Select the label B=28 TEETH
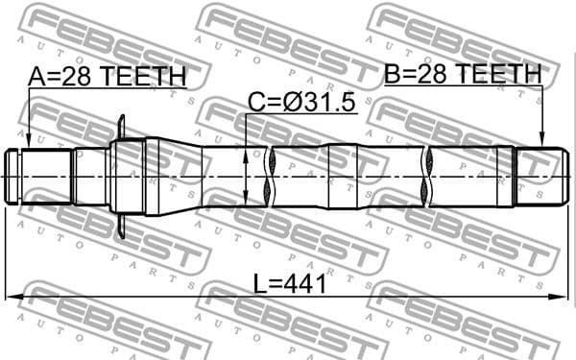[x=464, y=74]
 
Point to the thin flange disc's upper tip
[x=122, y=120]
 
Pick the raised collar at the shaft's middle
[x=343, y=177]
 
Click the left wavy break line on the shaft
[x=275, y=177]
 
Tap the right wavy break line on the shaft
[x=428, y=177]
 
